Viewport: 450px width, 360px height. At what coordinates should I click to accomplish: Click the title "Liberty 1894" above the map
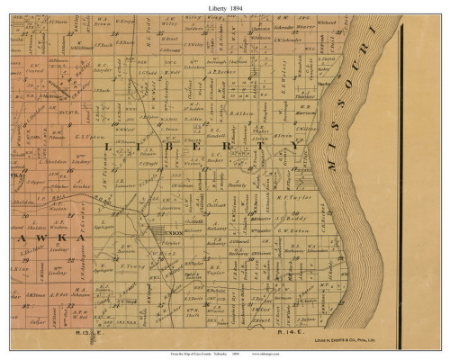pyautogui.click(x=226, y=6)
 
